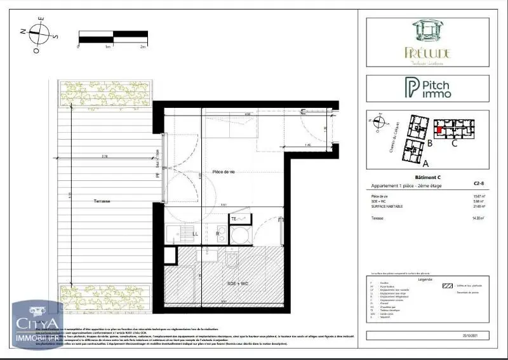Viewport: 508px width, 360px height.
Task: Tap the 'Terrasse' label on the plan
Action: (x=100, y=201)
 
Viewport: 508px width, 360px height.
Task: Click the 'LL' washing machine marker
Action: (x=196, y=233)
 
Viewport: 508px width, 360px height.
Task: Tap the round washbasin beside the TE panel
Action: (x=240, y=236)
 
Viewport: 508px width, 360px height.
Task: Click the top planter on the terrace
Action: (x=105, y=93)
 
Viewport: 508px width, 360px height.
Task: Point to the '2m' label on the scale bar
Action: (x=144, y=46)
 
